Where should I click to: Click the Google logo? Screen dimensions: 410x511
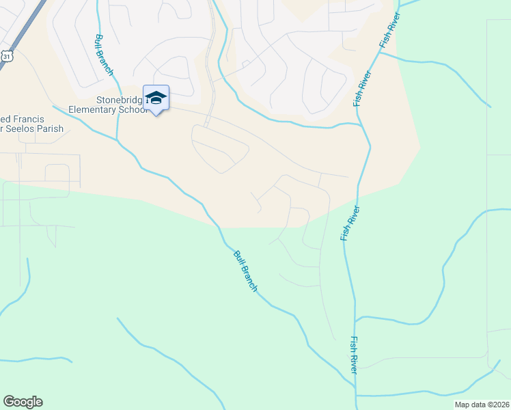click(23, 402)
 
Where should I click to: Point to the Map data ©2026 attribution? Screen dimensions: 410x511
click(482, 405)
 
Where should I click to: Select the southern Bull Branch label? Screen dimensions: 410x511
click(245, 271)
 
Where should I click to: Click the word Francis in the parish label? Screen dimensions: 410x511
click(32, 118)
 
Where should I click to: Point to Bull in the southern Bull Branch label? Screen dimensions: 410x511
click(239, 260)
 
